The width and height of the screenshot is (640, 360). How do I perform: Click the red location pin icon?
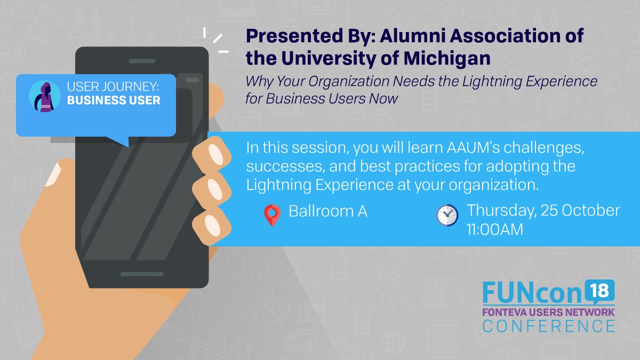(272, 215)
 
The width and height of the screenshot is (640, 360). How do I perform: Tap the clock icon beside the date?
(447, 215)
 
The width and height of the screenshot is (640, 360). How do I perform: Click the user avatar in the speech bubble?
(44, 97)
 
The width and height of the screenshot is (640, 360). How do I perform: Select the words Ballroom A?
(327, 211)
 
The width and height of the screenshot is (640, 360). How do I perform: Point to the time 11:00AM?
(494, 230)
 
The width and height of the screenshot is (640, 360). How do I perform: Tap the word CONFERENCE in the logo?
(549, 325)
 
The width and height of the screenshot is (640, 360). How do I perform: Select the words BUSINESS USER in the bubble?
(114, 100)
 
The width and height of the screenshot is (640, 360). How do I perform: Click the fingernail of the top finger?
(216, 154)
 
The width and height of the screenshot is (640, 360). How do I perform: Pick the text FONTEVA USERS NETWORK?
(549, 311)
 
